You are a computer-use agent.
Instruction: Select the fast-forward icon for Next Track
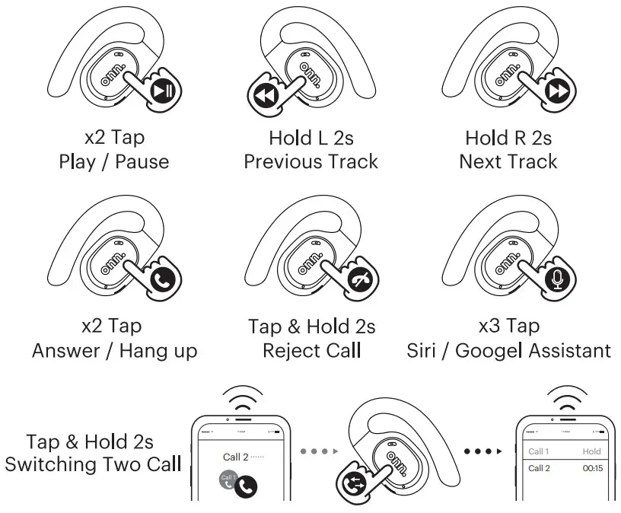[x=557, y=92]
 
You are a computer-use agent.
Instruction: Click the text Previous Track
[x=310, y=162]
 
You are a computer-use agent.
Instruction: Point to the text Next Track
[x=508, y=162]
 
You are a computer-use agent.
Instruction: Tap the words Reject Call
[x=310, y=351]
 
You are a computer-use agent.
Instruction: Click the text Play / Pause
[x=114, y=162]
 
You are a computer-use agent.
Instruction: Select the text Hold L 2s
[x=310, y=139]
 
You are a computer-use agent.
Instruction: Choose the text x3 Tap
[x=508, y=327]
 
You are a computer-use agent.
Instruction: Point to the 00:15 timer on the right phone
[x=591, y=469]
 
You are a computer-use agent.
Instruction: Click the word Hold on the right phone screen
[x=591, y=451]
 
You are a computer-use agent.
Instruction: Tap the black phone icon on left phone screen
[x=246, y=485]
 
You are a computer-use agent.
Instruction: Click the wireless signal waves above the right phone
[x=563, y=399]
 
